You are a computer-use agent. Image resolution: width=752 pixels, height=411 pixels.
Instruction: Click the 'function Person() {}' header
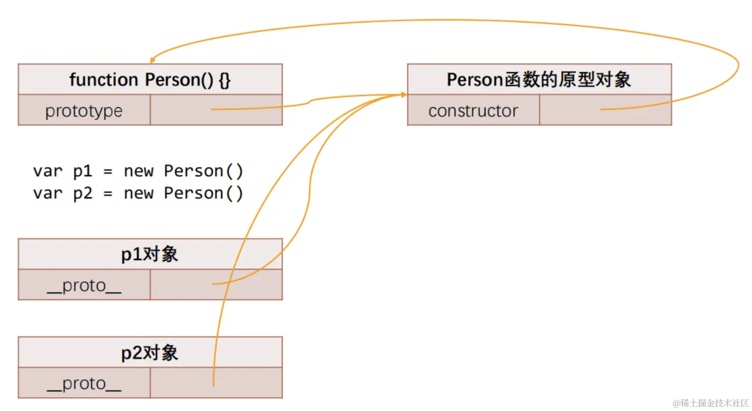tap(150, 79)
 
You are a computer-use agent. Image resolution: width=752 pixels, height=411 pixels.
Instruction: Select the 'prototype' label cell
tap(84, 111)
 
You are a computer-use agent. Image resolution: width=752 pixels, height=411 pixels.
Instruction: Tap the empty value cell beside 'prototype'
tap(216, 110)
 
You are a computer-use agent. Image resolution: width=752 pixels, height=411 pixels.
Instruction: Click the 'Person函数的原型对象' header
tap(539, 79)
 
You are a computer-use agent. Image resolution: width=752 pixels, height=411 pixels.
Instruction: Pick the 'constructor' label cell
tap(473, 111)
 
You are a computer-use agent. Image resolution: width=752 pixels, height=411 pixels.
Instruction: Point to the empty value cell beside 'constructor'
tap(605, 110)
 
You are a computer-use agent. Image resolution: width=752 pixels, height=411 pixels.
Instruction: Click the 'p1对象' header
tap(150, 254)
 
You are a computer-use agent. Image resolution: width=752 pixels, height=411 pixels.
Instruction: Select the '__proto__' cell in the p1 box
tap(84, 285)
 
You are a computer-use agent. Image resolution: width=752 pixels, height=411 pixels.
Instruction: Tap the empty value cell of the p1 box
tap(216, 285)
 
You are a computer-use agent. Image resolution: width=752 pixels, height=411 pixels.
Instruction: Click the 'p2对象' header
tap(150, 353)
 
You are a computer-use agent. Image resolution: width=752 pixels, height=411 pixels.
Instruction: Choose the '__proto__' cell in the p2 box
tap(84, 383)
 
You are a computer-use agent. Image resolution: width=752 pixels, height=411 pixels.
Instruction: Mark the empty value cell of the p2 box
tap(216, 383)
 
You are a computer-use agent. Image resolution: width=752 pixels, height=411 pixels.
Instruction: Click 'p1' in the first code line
tap(82, 171)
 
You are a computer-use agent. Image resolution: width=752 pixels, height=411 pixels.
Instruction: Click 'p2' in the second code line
tap(82, 193)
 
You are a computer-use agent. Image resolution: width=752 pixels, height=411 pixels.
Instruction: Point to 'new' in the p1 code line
tap(138, 171)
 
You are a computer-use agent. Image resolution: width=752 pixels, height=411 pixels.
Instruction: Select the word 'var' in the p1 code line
tap(48, 171)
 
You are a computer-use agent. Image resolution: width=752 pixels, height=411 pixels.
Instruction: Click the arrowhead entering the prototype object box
tap(403, 95)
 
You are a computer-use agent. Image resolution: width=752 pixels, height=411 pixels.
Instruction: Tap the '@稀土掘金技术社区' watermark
tap(711, 403)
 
